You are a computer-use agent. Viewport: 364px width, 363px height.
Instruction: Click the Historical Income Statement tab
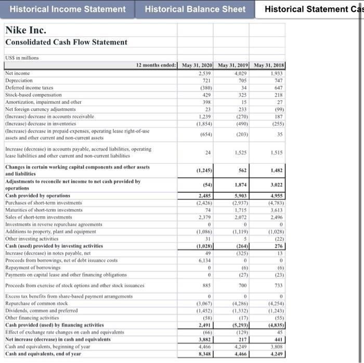coord(68,9)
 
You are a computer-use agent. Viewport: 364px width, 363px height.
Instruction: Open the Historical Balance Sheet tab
coord(195,9)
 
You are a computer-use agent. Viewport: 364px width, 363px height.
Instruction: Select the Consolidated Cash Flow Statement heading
coord(66,42)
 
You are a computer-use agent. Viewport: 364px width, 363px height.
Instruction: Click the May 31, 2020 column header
coord(196,66)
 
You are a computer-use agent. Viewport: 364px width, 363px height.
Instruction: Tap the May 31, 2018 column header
coord(269,66)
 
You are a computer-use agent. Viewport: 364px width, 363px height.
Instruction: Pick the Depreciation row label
coord(19,81)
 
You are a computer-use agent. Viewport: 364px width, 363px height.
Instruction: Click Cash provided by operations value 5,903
coord(236,196)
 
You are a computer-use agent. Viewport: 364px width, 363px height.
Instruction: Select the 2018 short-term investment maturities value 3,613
coord(276,210)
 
